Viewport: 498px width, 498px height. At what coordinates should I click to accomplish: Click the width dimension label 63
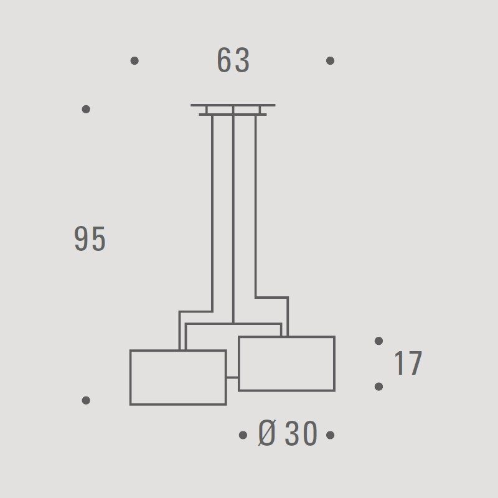233,60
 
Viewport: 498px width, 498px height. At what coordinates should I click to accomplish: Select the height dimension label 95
90,239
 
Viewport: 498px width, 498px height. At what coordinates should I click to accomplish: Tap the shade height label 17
408,363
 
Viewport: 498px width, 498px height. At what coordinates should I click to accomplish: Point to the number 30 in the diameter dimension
301,433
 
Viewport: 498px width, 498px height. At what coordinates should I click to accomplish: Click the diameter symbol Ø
267,433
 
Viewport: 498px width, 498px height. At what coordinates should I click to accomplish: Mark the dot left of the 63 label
134,60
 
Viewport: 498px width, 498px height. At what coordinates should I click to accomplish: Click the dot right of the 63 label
331,60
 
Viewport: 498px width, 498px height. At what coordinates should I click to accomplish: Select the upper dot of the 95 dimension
86,110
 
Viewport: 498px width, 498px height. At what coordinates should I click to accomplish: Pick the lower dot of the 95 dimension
86,400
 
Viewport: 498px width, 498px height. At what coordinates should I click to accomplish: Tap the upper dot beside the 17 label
378,341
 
